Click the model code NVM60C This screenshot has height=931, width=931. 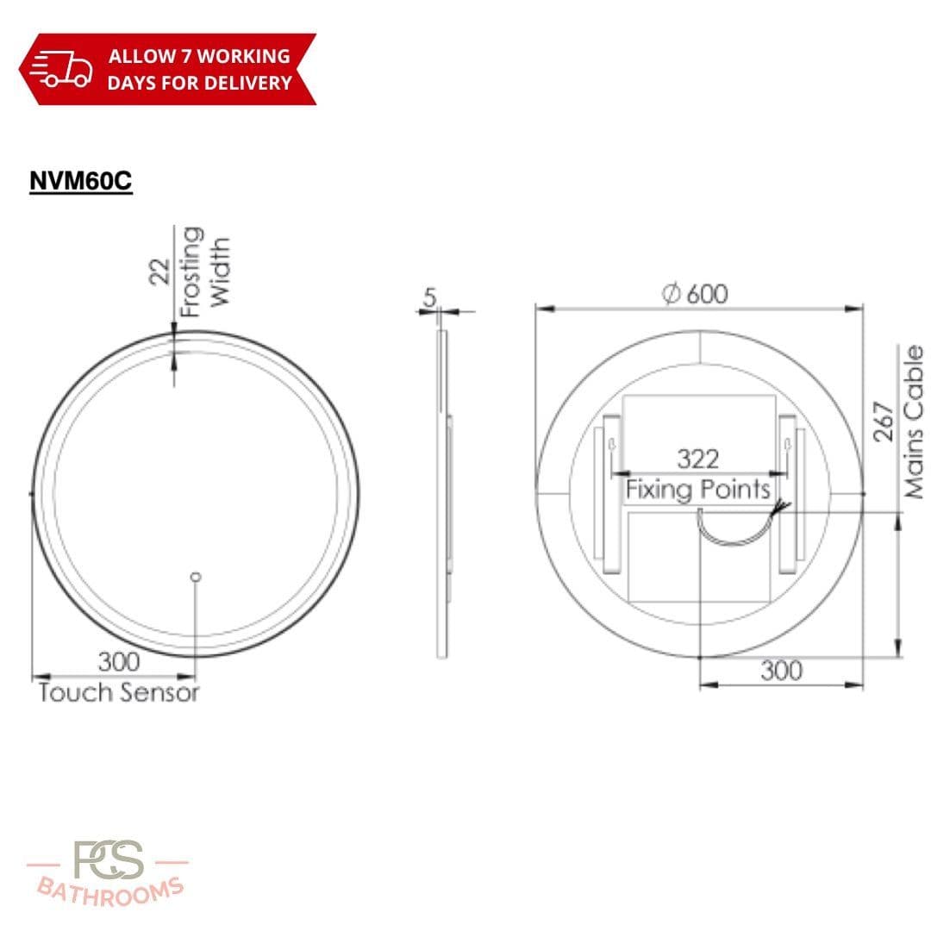click(x=81, y=181)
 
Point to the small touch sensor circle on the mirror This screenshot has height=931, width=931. click(x=196, y=576)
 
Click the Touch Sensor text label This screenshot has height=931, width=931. click(x=119, y=692)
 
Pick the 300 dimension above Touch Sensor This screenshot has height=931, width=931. click(x=118, y=662)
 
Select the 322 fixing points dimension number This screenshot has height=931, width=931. click(x=697, y=459)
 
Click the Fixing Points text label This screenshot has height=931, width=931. click(x=697, y=490)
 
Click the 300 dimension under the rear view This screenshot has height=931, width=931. click(x=781, y=671)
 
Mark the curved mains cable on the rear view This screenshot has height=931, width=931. click(x=733, y=530)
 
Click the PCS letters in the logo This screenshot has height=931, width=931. click(x=109, y=861)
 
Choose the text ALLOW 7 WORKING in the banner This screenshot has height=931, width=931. click(x=198, y=57)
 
